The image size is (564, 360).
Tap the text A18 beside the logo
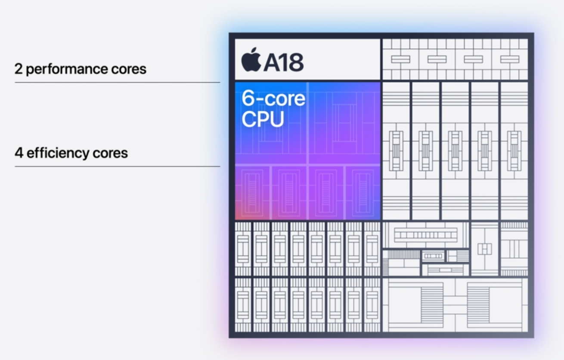click(284, 62)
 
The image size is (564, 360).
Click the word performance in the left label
click(66, 69)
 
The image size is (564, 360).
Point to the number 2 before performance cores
click(19, 69)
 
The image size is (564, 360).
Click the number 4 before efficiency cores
click(19, 153)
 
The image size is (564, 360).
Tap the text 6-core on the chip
click(273, 99)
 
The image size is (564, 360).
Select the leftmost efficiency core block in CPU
click(253, 192)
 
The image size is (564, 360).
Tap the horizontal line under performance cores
click(117, 82)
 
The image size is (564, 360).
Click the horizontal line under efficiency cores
click(117, 166)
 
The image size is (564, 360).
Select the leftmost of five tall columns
click(396, 151)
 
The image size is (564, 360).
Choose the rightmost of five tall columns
click(514, 151)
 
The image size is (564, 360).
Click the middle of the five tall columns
click(455, 151)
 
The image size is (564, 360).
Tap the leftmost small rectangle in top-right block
click(400, 59)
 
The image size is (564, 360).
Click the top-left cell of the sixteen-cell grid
click(243, 248)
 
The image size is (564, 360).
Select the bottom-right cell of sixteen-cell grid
click(372, 304)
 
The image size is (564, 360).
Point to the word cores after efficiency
click(112, 153)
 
